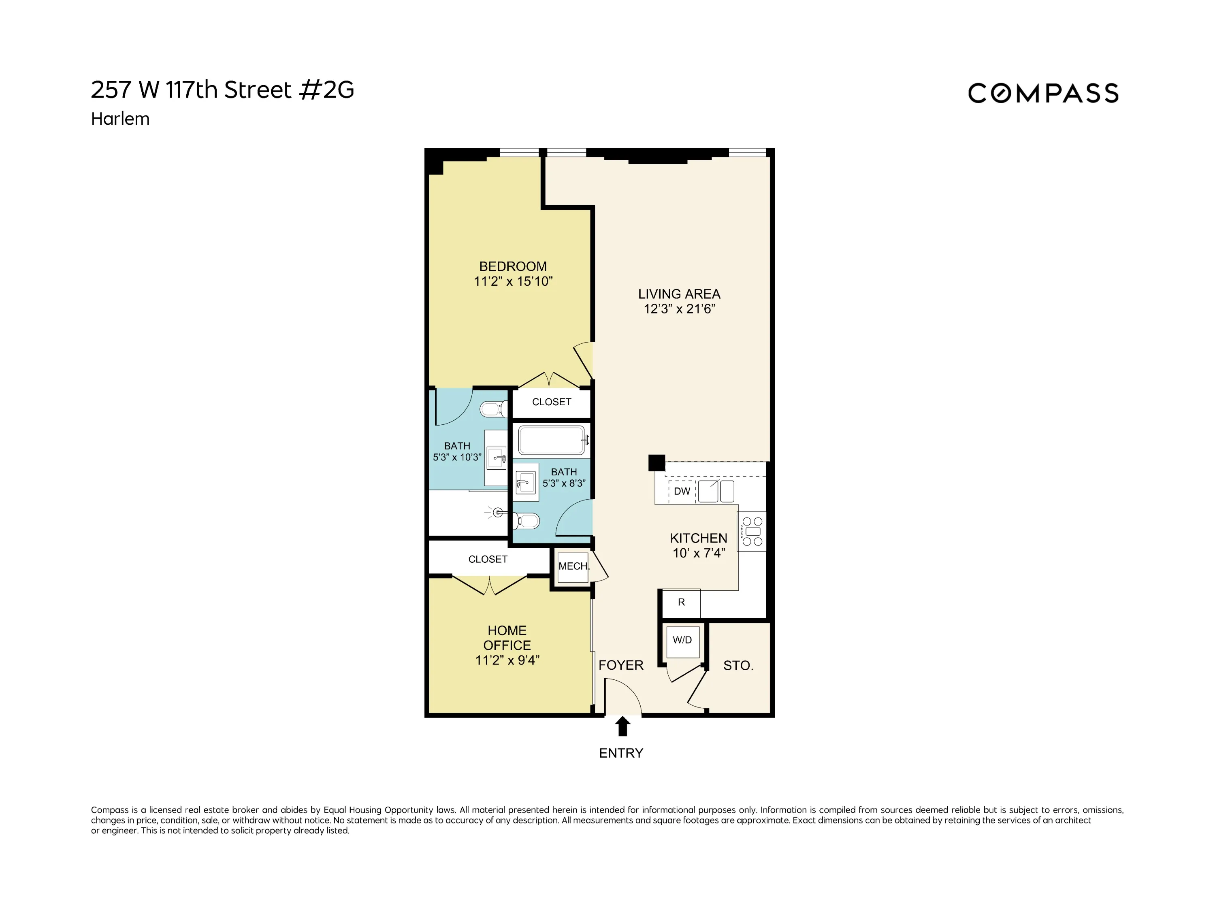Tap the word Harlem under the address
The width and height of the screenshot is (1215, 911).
coord(120,119)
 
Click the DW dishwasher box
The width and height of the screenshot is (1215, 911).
coord(682,491)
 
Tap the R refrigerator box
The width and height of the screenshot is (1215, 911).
coord(681,602)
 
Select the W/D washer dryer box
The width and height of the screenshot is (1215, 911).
coord(682,640)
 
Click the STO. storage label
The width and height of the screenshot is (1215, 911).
coord(738,666)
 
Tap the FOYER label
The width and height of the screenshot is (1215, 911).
coord(621,665)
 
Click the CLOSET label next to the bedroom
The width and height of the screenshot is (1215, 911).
coord(552,402)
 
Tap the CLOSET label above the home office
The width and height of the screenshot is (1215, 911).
coord(488,559)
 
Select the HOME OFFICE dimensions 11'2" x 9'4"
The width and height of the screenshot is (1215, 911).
coord(507,660)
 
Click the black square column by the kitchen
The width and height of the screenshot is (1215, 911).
coord(657,462)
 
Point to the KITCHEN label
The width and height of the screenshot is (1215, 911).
coord(698,538)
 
